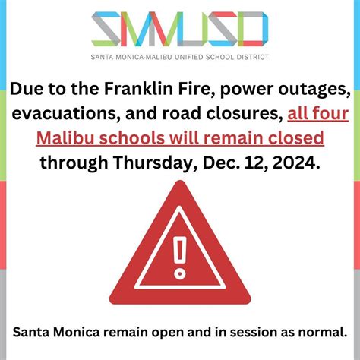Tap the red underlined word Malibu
86,139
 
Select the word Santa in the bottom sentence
30,332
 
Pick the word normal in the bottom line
323,332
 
